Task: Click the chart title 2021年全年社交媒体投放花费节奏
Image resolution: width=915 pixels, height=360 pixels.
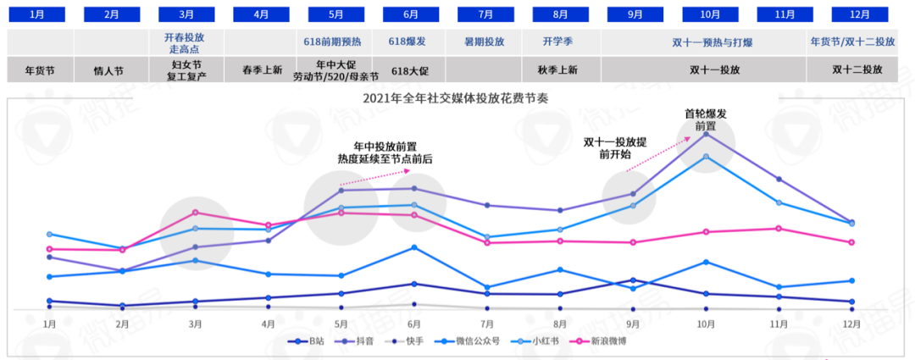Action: click(x=455, y=97)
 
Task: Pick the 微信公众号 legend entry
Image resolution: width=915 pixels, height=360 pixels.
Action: click(x=479, y=341)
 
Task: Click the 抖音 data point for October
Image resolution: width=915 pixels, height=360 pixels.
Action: click(x=706, y=134)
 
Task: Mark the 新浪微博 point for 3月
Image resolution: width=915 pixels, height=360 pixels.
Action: click(x=195, y=213)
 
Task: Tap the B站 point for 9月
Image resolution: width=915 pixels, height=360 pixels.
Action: click(x=633, y=280)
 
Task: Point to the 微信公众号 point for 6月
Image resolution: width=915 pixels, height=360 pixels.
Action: click(x=414, y=247)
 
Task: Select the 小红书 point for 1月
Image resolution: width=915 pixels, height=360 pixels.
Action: click(x=49, y=234)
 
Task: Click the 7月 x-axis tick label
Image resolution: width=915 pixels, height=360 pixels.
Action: click(x=487, y=324)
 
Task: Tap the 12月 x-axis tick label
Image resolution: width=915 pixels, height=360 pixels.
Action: click(x=851, y=324)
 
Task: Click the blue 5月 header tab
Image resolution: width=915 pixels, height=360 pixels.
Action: click(x=336, y=15)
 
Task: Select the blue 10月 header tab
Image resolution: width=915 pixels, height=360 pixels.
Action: click(x=710, y=15)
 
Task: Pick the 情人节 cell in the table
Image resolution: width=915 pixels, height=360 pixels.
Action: click(x=112, y=70)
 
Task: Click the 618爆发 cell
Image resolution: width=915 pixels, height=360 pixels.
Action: click(x=412, y=41)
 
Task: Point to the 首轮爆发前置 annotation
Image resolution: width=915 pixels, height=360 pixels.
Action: click(x=706, y=119)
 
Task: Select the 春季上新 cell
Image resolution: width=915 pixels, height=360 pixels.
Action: click(x=263, y=70)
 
